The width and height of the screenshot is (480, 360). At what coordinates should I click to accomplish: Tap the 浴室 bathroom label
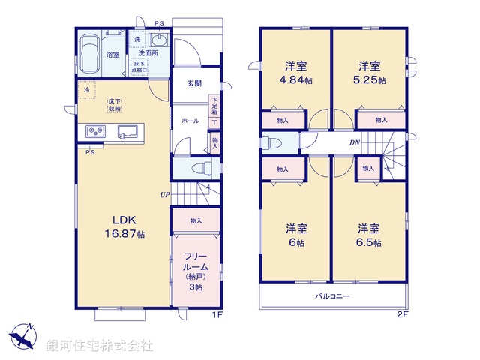tap(113, 55)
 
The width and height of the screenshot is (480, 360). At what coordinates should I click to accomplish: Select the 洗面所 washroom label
tap(145, 53)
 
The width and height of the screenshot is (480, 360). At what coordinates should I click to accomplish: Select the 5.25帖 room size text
tap(372, 79)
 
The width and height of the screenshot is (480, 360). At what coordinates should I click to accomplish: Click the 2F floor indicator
tap(402, 313)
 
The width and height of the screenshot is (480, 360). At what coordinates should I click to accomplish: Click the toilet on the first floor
tap(199, 168)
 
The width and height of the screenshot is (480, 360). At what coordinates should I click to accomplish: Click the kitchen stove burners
tap(95, 131)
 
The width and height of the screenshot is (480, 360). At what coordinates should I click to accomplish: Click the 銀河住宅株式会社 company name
tap(100, 346)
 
